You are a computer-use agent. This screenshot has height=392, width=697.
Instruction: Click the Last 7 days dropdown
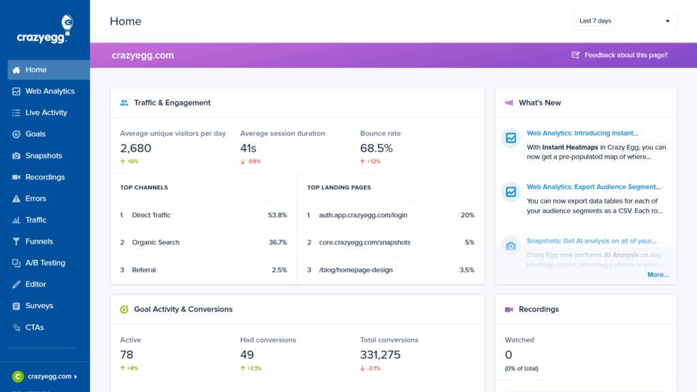pyautogui.click(x=625, y=21)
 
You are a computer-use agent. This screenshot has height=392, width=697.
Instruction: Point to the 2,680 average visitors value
pyautogui.click(x=135, y=148)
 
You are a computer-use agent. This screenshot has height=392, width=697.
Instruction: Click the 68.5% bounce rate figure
pyautogui.click(x=376, y=148)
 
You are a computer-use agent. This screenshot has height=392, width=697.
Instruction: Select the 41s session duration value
pyautogui.click(x=248, y=148)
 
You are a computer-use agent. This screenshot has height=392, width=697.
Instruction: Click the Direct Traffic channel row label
pyautogui.click(x=151, y=215)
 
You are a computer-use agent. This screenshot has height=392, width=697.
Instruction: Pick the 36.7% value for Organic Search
pyautogui.click(x=278, y=242)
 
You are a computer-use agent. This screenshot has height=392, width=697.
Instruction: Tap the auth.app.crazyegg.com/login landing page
pyautogui.click(x=363, y=215)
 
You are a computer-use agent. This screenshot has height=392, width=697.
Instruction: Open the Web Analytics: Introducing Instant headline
pyautogui.click(x=582, y=133)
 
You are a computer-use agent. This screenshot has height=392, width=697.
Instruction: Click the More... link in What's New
pyautogui.click(x=658, y=275)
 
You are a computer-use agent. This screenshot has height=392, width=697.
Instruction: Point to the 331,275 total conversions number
pyautogui.click(x=380, y=355)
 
